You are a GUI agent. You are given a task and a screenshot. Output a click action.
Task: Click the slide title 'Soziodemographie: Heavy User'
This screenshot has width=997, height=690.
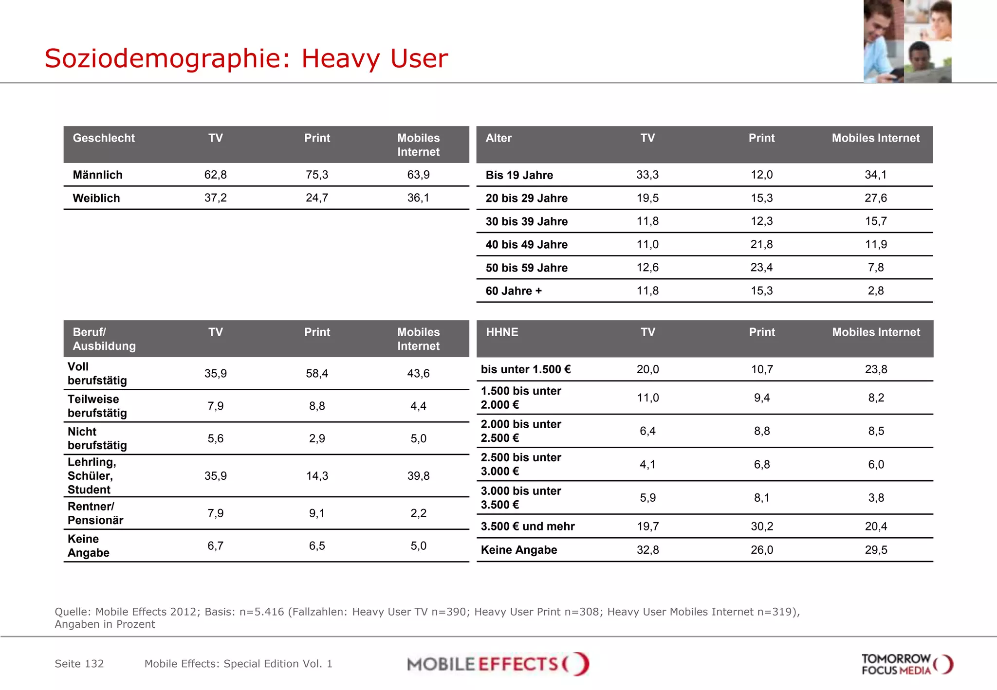246,58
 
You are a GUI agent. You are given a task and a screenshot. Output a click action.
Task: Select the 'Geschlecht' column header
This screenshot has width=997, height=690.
104,138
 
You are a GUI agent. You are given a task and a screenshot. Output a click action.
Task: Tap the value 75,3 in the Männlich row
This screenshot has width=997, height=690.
317,175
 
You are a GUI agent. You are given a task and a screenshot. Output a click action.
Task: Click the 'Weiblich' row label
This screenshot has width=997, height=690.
96,198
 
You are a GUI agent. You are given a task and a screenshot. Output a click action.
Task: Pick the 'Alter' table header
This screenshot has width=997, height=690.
498,138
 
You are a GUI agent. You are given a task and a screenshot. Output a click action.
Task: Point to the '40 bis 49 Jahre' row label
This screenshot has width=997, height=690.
526,244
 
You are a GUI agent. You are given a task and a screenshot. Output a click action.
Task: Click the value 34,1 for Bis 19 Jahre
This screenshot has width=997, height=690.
875,175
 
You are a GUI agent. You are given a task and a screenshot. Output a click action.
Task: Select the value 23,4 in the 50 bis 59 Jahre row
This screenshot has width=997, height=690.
761,268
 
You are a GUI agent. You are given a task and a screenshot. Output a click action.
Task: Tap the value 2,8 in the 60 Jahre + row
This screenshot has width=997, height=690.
875,291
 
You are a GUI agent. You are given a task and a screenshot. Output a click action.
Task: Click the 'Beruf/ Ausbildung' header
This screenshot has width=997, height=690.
104,339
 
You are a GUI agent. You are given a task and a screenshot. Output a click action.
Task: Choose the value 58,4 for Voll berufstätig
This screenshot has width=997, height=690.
317,374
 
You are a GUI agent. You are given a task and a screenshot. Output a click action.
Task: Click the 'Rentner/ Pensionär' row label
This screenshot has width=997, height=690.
95,513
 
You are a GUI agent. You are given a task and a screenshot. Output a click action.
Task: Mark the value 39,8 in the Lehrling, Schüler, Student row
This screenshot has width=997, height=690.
418,476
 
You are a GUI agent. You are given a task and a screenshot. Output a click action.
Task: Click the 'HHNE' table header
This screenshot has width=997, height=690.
502,332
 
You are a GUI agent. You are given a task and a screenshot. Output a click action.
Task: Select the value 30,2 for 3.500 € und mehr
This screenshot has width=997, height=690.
761,527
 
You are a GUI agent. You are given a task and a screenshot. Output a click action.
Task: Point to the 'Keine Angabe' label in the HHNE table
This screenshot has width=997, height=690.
519,550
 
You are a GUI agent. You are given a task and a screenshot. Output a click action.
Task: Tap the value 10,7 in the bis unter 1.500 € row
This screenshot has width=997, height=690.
762,369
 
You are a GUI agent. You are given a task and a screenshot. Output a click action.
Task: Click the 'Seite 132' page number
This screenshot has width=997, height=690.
79,664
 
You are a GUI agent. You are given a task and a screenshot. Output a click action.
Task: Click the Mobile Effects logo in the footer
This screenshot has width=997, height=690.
498,664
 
